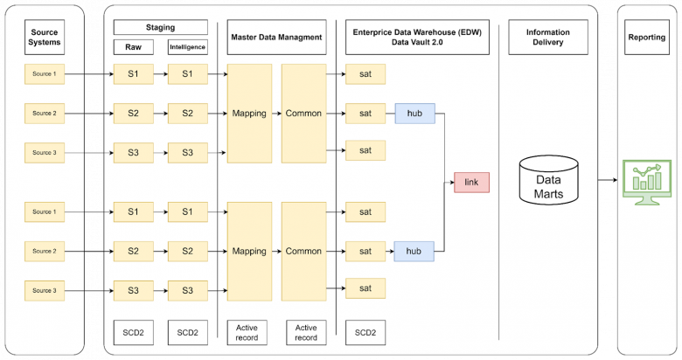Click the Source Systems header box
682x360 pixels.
[x=45, y=38]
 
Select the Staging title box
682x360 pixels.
[x=161, y=27]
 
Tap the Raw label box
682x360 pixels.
[x=134, y=47]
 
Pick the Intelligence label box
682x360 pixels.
[x=187, y=47]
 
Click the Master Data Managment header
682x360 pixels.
[x=276, y=38]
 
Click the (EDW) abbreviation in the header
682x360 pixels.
[x=470, y=32]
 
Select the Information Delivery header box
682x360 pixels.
[x=548, y=38]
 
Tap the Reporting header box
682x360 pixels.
[x=647, y=38]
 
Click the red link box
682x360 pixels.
[x=471, y=182]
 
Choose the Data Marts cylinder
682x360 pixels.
[x=548, y=180]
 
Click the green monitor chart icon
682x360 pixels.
[x=647, y=182]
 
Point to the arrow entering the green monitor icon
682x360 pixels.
[x=608, y=180]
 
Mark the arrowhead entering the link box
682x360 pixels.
[x=452, y=183]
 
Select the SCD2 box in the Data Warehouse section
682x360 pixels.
[x=365, y=333]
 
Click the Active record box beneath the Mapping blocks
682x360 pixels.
[x=247, y=333]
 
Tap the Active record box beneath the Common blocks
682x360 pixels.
[x=306, y=333]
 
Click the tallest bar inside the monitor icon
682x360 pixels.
[x=658, y=181]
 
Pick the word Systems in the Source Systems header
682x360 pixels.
[x=45, y=42]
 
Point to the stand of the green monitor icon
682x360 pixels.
[x=647, y=200]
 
